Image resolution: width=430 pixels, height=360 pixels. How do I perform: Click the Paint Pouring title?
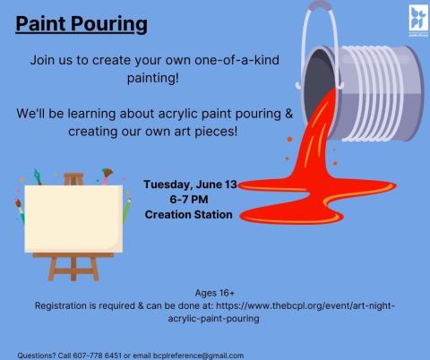point(82,23)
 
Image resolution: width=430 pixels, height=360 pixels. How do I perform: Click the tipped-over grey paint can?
point(376,85)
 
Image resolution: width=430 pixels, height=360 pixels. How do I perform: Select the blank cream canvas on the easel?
point(73,219)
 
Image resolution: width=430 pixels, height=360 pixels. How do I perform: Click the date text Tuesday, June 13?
point(190,184)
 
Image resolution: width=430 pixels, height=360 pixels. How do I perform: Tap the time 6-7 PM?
point(189,200)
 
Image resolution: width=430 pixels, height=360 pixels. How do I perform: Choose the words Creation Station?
point(189,215)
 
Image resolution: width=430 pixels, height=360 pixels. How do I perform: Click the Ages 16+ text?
point(215,293)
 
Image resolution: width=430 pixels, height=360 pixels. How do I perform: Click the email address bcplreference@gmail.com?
point(204,355)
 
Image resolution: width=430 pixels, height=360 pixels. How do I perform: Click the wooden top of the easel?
point(73,178)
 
